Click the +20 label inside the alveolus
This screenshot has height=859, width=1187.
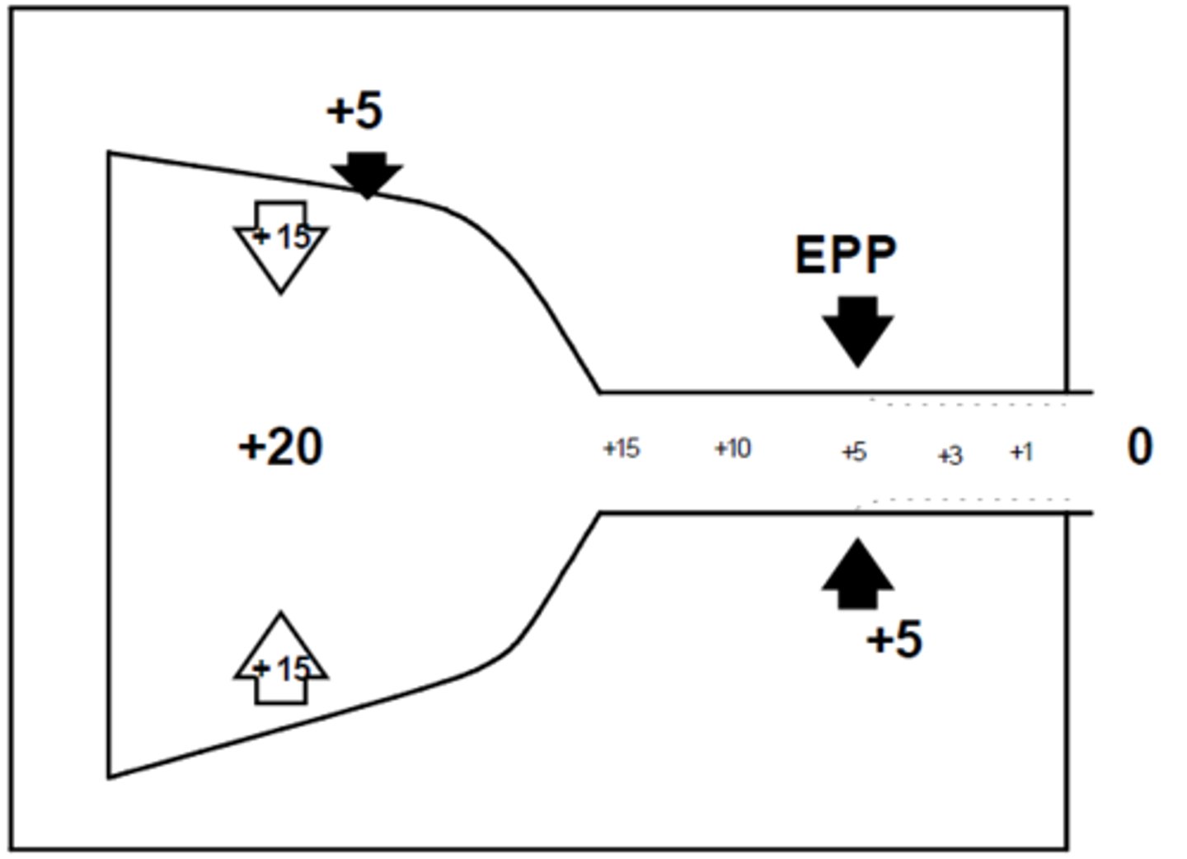tap(280, 448)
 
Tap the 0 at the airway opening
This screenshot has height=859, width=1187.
tap(1139, 448)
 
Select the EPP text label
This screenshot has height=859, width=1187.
tap(845, 255)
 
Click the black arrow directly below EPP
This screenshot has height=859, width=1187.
tap(857, 330)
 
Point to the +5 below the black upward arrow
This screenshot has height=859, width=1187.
tap(894, 639)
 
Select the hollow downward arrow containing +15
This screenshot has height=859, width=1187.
tap(281, 244)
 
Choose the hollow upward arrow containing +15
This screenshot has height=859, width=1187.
tap(281, 660)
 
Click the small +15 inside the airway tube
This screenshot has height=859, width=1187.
tap(621, 448)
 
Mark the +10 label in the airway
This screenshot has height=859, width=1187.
tap(732, 448)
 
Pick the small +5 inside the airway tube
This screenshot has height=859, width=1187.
tap(854, 452)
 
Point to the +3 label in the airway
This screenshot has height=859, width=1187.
tap(950, 455)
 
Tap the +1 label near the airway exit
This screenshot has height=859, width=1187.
tap(1021, 452)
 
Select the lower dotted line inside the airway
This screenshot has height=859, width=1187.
tap(964, 500)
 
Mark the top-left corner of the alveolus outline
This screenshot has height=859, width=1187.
tap(110, 153)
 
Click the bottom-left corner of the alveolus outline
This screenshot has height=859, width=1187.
tap(110, 777)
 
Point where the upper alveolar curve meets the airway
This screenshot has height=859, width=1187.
tap(600, 392)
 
